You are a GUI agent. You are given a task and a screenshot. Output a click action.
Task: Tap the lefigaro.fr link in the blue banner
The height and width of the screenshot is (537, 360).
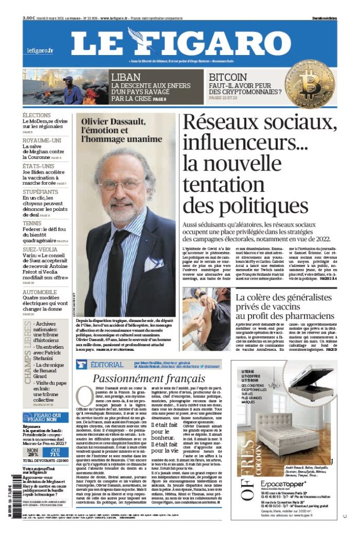[x=40, y=50]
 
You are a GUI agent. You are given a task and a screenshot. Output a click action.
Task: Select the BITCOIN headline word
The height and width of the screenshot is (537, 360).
[x=228, y=77]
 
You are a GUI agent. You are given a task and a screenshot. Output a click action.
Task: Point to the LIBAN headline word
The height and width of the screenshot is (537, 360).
[x=126, y=77]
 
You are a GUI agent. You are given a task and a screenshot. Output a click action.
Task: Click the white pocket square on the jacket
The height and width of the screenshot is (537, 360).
[x=153, y=262]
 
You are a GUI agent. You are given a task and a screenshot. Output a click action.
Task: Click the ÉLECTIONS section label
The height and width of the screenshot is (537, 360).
[x=37, y=115]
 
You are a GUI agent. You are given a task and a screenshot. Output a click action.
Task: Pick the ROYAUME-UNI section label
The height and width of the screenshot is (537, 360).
[x=42, y=141]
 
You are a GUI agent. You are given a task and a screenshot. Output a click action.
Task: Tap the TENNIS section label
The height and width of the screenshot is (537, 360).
[x=32, y=223]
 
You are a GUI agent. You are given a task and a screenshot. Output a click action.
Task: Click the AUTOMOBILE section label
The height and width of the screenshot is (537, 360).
[x=40, y=292]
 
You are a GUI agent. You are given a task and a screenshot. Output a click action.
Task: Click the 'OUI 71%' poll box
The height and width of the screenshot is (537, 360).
[x=56, y=452]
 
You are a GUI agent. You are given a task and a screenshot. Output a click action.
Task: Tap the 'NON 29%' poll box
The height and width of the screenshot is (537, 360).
[x=33, y=452]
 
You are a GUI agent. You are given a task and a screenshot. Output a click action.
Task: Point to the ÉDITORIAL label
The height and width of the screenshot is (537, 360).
[x=107, y=364]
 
